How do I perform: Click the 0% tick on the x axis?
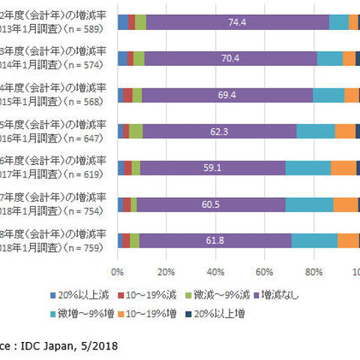(118, 271)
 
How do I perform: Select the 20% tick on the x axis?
(166, 271)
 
